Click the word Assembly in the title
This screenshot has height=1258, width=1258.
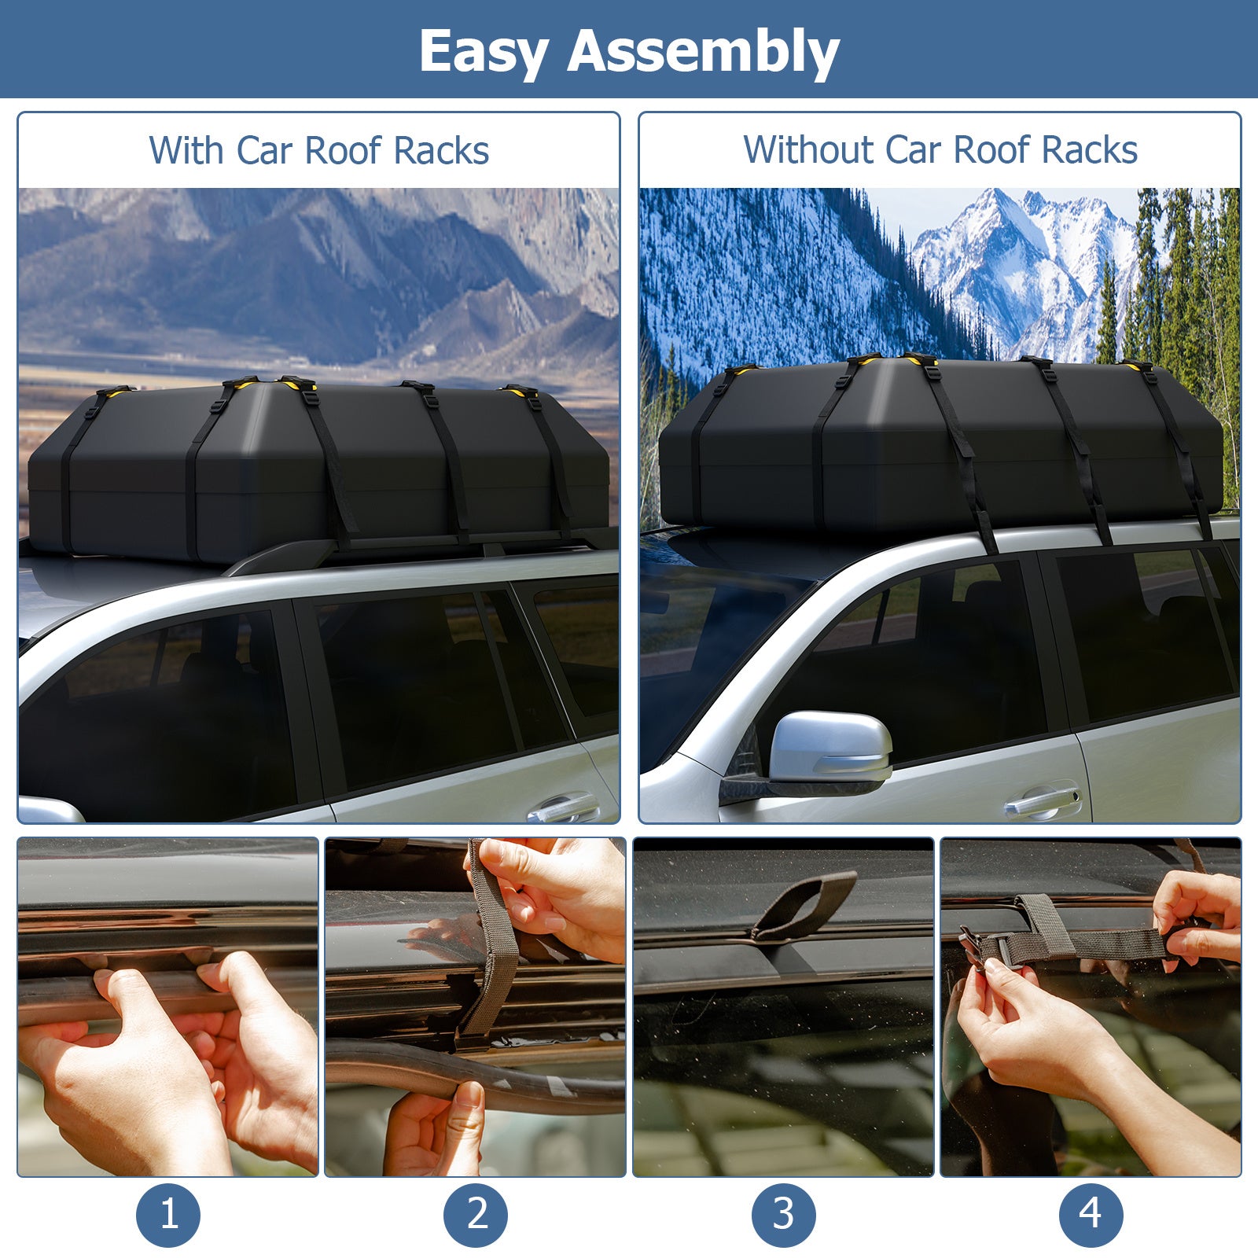pos(703,52)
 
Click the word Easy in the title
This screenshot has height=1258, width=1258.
pos(483,52)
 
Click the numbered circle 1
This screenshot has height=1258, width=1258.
pos(168,1215)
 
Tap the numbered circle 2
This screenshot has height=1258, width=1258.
pos(476,1215)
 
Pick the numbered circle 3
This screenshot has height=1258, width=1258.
pos(784,1215)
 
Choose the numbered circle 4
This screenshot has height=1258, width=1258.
pos(1091,1215)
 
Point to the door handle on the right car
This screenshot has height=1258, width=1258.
pos(1042,802)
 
